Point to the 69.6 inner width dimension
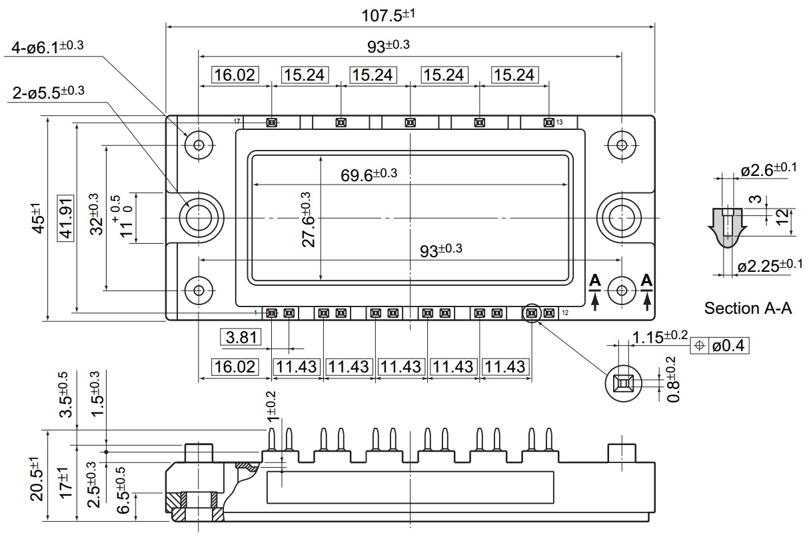pyautogui.click(x=368, y=175)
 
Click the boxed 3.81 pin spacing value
pyautogui.click(x=241, y=338)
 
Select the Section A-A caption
pyautogui.click(x=748, y=308)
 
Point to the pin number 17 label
pyautogui.click(x=237, y=122)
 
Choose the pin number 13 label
pyautogui.click(x=559, y=122)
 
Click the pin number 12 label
pyautogui.click(x=564, y=312)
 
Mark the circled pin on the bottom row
pyautogui.click(x=532, y=312)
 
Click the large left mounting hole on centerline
pyautogui.click(x=198, y=217)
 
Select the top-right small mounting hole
pyautogui.click(x=622, y=145)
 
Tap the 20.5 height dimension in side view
pyautogui.click(x=37, y=478)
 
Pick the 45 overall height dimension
pyautogui.click(x=37, y=219)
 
